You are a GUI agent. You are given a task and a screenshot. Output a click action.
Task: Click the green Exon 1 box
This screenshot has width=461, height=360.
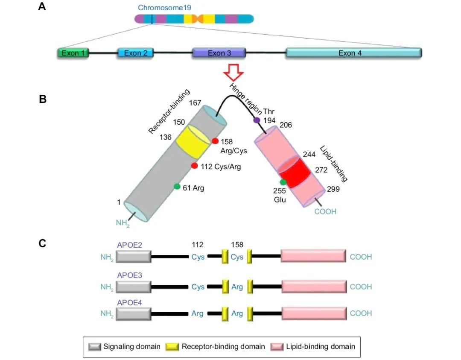(73, 53)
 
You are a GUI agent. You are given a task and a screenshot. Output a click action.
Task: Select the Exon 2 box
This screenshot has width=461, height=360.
(136, 53)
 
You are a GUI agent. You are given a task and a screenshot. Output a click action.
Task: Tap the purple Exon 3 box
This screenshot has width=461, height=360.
(219, 53)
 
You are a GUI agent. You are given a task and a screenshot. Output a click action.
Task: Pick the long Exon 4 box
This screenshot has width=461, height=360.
(354, 53)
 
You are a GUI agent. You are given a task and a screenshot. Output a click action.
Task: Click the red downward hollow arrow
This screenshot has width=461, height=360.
(234, 72)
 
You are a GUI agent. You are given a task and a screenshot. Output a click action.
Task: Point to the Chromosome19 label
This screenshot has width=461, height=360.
(164, 8)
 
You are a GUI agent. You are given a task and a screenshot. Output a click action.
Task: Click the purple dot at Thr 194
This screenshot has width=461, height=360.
(257, 120)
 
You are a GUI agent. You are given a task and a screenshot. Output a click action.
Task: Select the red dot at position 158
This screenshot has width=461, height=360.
(215, 141)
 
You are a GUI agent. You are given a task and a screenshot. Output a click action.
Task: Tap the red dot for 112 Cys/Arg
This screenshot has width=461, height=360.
(194, 166)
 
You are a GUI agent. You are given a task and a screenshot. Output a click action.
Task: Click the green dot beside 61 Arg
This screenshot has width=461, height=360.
(177, 187)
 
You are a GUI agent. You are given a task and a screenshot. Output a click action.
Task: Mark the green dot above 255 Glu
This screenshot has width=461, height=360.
(283, 182)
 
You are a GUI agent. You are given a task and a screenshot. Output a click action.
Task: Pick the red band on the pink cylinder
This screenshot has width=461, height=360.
(294, 173)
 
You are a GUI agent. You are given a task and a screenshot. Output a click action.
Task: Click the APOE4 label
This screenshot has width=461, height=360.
(129, 302)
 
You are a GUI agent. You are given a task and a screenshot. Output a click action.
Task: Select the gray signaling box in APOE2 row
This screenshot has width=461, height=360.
(134, 257)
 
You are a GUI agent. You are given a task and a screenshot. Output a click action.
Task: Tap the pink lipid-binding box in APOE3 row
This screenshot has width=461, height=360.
(314, 287)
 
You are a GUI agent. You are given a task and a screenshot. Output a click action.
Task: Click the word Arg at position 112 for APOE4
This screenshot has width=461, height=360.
(197, 313)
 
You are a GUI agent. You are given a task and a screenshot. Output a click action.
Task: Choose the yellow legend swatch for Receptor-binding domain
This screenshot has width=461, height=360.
(172, 347)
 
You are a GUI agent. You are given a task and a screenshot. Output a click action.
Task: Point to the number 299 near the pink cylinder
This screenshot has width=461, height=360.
(333, 189)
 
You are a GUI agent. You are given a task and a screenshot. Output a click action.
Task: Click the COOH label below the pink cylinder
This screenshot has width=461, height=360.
(325, 211)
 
